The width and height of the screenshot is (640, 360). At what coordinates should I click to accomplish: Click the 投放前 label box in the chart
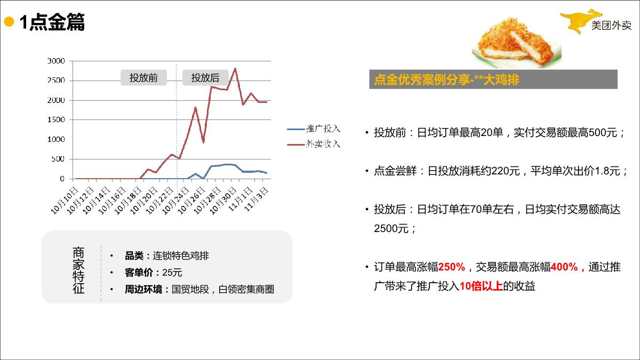click(143, 78)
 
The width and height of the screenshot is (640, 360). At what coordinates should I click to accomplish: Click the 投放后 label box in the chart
click(205, 78)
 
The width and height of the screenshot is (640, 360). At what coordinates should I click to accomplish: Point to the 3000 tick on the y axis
click(56, 61)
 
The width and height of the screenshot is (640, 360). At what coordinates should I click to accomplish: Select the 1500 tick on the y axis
click(56, 120)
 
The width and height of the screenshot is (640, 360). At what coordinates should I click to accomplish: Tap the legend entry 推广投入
click(323, 129)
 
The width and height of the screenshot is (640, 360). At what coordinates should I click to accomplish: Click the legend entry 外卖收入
click(323, 144)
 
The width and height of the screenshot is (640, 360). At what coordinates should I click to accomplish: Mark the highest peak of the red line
click(235, 68)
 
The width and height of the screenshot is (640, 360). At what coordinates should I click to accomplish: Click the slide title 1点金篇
click(52, 23)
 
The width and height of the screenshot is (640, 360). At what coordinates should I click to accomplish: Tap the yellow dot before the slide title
click(9, 22)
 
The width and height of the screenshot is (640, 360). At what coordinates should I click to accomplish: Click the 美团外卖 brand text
click(611, 26)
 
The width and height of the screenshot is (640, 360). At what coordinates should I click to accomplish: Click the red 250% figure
click(452, 267)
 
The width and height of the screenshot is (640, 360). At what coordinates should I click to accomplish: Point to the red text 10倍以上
click(481, 286)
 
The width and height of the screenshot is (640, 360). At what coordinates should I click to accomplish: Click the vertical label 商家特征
click(78, 270)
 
